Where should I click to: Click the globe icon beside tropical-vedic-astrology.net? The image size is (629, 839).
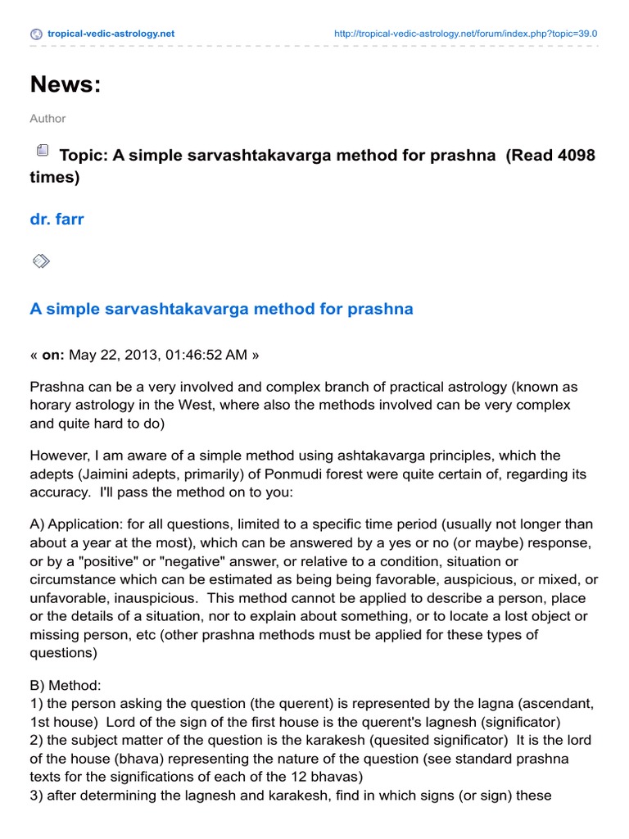36,34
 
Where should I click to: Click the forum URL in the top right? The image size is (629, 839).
466,34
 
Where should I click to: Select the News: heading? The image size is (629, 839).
66,84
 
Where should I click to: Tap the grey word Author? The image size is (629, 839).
48,119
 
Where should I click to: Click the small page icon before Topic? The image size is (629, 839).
42,151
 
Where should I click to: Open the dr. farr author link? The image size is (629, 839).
58,219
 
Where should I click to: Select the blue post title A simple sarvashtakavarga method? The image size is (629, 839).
221,309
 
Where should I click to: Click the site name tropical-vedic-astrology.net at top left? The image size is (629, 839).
110,34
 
